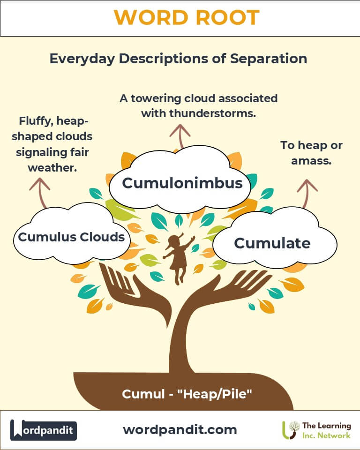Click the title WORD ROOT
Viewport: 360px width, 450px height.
click(x=187, y=17)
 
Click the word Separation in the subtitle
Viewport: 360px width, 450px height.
click(x=269, y=59)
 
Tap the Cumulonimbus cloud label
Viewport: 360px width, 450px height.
click(x=182, y=183)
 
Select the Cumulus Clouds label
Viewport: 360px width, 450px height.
click(x=71, y=237)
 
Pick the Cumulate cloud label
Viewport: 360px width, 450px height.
click(x=272, y=243)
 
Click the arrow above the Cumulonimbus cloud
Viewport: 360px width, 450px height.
click(x=180, y=136)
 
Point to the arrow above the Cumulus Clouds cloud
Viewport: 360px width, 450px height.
click(x=40, y=193)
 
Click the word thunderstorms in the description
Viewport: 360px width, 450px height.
click(x=212, y=113)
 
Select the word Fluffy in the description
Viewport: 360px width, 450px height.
click(x=36, y=121)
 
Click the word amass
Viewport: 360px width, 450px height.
click(x=311, y=161)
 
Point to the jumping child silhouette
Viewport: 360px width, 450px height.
click(x=179, y=258)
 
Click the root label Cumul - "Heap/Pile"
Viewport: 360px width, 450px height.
click(x=187, y=394)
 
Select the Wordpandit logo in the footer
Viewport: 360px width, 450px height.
click(x=44, y=430)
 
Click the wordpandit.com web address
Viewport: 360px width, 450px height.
click(x=180, y=430)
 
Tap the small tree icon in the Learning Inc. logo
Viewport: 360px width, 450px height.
click(x=291, y=430)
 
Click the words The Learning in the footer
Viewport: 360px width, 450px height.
click(x=326, y=426)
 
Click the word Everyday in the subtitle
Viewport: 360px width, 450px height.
click(x=82, y=59)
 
